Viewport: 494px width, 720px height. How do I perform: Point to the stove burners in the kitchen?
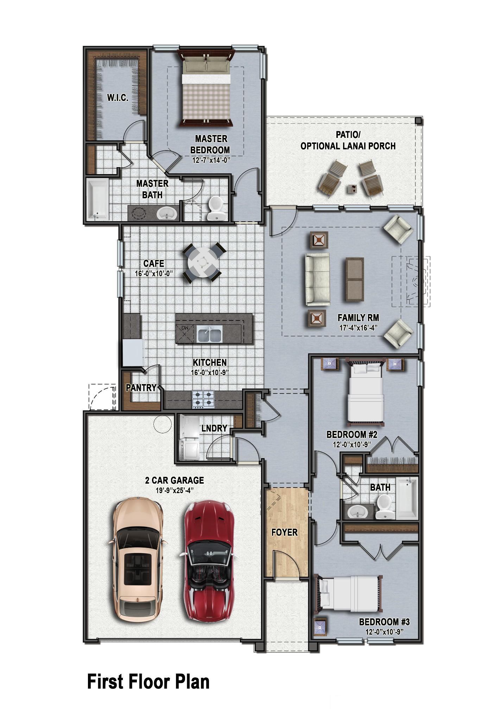click(203, 399)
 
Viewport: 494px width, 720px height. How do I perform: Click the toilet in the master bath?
click(214, 208)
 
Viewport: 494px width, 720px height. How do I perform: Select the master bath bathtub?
click(97, 199)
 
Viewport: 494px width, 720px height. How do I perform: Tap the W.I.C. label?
click(118, 98)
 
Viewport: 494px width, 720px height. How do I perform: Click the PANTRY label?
click(141, 388)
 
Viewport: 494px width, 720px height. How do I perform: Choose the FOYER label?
click(284, 532)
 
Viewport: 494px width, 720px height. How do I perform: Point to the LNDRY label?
click(214, 428)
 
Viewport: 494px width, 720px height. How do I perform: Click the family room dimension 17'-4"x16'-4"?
click(358, 327)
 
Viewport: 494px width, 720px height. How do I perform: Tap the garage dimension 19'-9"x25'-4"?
click(175, 490)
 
